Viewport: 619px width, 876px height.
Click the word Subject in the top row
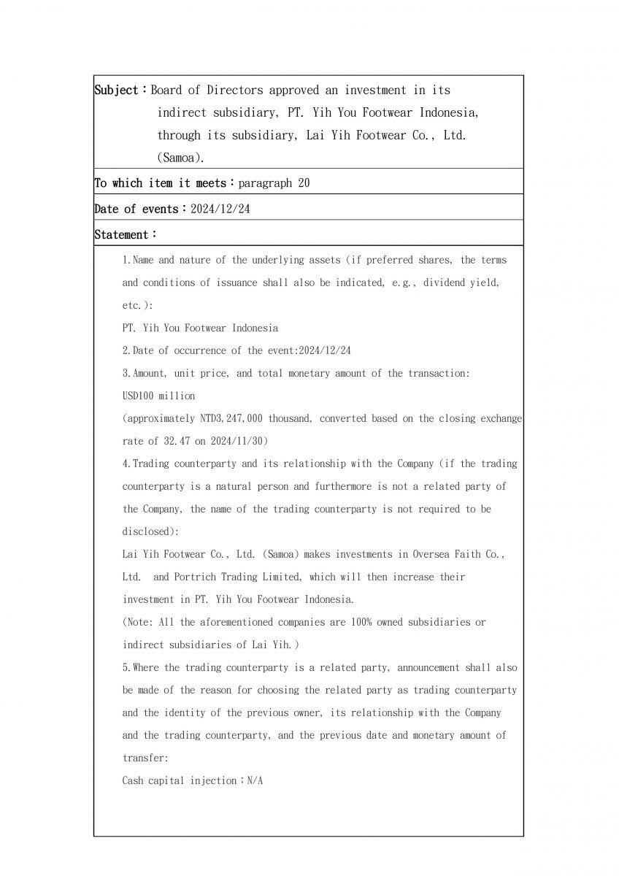point(117,91)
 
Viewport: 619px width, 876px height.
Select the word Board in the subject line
point(166,91)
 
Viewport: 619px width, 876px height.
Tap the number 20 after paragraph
point(303,182)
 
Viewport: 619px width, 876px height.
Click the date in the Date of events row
point(220,209)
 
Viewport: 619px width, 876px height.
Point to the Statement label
point(122,234)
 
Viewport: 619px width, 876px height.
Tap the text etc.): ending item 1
point(137,305)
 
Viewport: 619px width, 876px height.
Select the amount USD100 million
point(158,396)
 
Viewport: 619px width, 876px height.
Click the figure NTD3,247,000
point(237,418)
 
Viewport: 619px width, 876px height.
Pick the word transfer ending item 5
point(145,758)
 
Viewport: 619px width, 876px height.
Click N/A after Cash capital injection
point(254,780)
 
